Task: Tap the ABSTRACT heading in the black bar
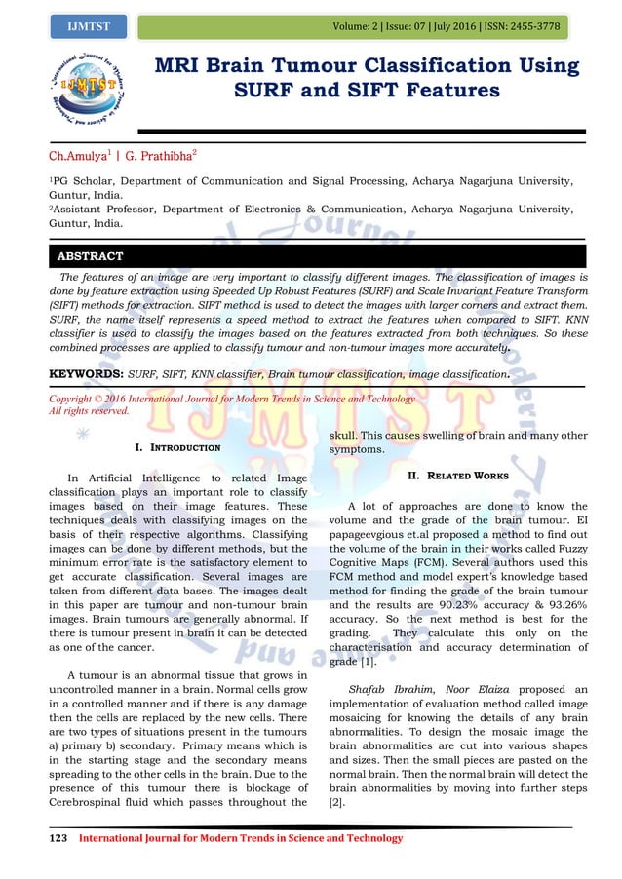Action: tap(91, 256)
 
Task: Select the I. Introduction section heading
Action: tap(177, 447)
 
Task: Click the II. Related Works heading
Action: tap(457, 476)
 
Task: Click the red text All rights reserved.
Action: tap(89, 411)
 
